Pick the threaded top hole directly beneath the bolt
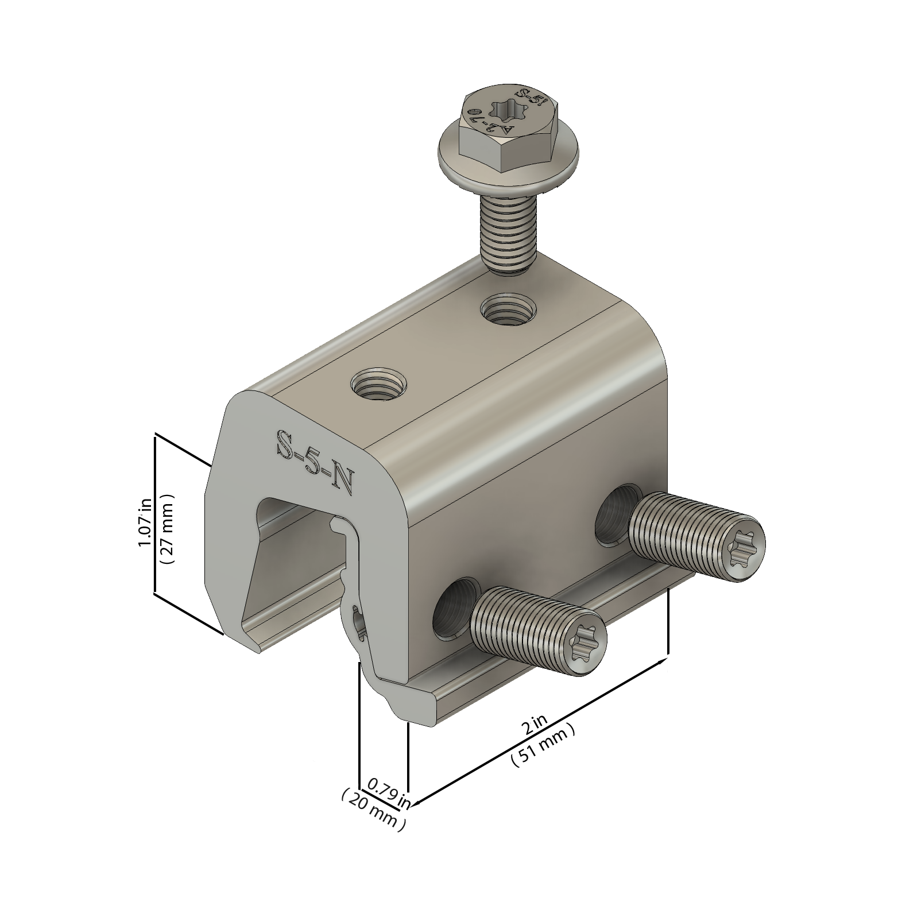pos(509,312)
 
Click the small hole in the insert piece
pos(359,623)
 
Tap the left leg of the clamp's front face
pos(230,563)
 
